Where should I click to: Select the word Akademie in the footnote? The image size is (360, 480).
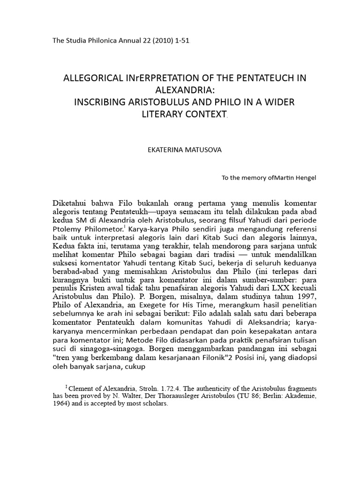click(x=301, y=396)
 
